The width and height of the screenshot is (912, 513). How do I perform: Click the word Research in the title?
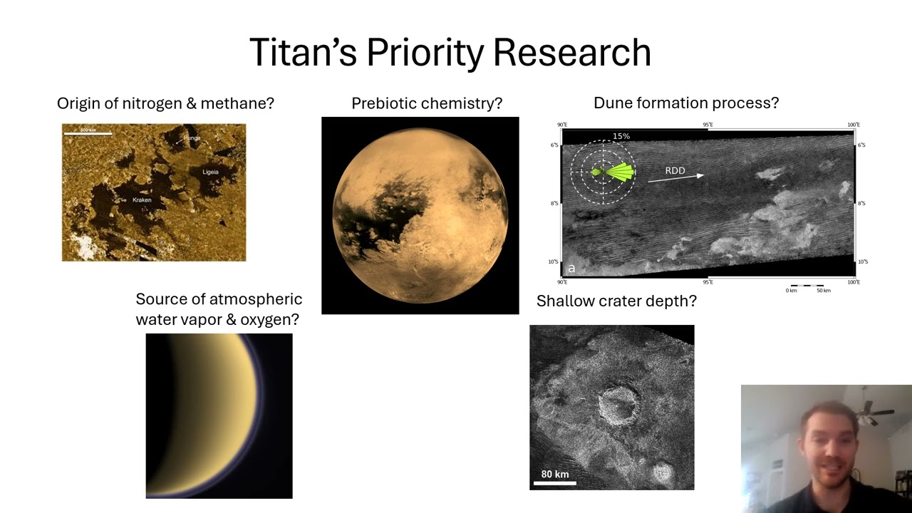coord(571,53)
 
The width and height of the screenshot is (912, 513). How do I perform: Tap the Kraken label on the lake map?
coord(142,200)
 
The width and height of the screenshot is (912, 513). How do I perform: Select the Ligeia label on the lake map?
coord(210,172)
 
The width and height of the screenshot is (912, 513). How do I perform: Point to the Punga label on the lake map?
coord(192,138)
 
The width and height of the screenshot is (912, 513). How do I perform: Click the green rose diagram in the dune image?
coord(616,172)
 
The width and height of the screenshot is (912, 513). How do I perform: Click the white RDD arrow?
coord(675,178)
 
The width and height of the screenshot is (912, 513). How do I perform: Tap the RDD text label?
coord(675,170)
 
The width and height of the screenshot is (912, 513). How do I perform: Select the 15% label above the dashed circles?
coord(621,136)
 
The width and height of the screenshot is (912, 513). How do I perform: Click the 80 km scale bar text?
coord(554,475)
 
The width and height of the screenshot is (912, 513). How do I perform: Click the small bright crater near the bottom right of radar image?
coord(663,472)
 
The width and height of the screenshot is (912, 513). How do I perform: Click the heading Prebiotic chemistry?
coord(427,103)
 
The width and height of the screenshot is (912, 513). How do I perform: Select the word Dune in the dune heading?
coord(611,103)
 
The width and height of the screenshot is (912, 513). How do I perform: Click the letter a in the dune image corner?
coord(571,269)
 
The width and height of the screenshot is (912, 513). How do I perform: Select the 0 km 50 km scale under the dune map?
coord(807,289)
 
